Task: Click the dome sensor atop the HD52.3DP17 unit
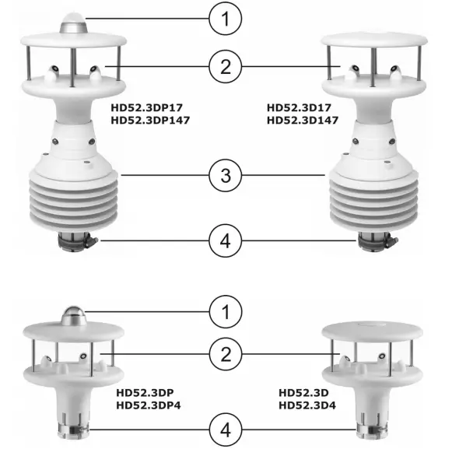(76, 26)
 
